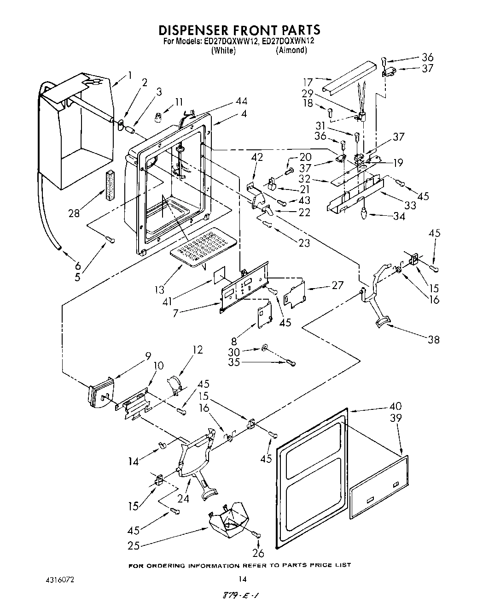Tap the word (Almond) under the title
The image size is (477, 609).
291,50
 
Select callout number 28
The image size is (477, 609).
74,213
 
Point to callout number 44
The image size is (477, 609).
241,101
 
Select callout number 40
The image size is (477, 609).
395,406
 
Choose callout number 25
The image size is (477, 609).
134,546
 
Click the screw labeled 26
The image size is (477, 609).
256,535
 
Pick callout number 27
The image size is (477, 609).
337,285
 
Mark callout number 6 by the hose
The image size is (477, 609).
77,266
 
